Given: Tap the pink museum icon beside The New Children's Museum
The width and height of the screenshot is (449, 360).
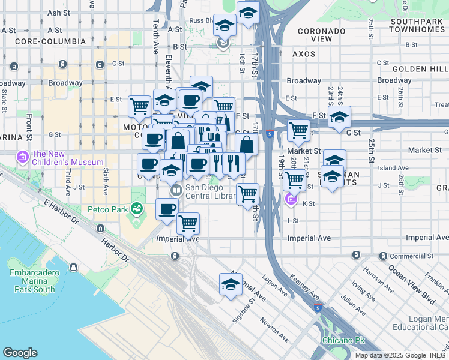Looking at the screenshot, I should tap(23, 158).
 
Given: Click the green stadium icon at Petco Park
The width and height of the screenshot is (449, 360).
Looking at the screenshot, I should tap(137, 209).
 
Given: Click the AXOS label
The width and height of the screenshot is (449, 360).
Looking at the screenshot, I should tap(303, 54).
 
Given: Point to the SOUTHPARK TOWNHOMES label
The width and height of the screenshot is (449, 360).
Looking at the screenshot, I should tap(417, 25).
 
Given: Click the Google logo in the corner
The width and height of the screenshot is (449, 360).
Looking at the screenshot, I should tap(20, 353).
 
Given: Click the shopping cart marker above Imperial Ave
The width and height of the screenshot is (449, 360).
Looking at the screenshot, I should tap(188, 223).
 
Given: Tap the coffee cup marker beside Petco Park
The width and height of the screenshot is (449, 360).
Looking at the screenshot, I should tap(167, 209).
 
